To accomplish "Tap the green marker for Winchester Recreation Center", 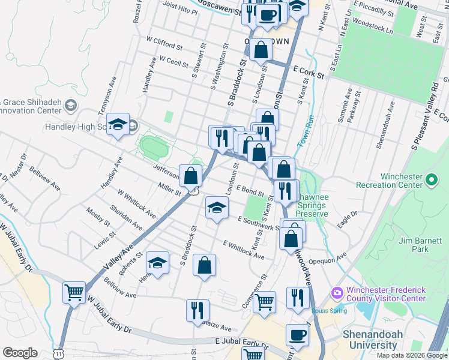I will click(x=430, y=179).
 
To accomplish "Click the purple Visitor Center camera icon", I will click(x=337, y=293).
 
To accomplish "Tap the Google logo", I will click(x=20, y=353).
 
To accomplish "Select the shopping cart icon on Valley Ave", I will click(x=74, y=293).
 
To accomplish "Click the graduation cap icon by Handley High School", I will click(x=119, y=124).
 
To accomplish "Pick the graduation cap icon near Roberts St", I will click(x=157, y=263).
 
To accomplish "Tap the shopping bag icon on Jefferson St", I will click(x=191, y=176).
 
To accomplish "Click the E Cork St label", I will click(x=309, y=73).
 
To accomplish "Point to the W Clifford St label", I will click(x=164, y=43).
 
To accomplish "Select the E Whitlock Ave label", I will click(x=243, y=250).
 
